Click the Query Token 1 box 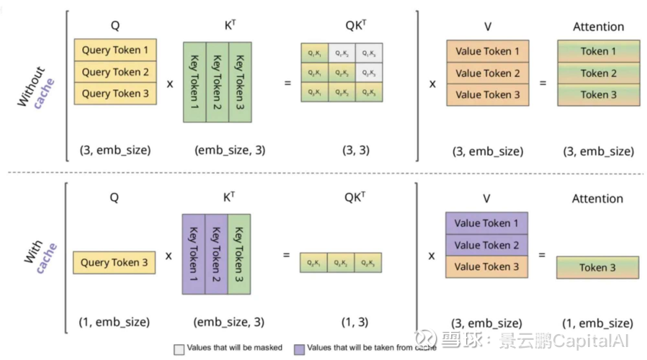[115, 50]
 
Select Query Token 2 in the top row [115, 71]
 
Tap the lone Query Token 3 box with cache [115, 263]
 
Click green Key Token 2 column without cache [217, 81]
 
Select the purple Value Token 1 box [486, 223]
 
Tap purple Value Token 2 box [486, 245]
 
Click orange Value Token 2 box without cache [487, 73]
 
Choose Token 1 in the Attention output [598, 51]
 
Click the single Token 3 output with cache [597, 267]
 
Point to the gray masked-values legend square [179, 348]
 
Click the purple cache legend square [299, 348]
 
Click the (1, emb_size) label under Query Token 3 [115, 322]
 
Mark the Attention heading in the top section [598, 27]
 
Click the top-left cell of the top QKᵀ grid [314, 52]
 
